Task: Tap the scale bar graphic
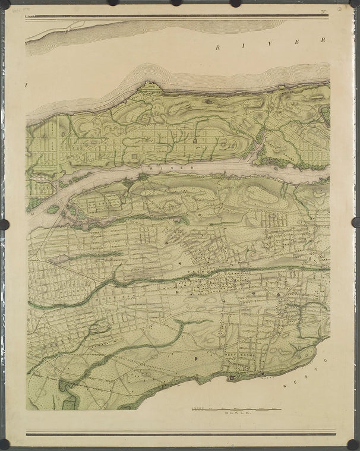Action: (x=236, y=408)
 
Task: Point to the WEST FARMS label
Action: (x=236, y=354)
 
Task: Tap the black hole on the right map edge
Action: (x=356, y=222)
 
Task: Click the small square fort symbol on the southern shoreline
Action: (x=232, y=377)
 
